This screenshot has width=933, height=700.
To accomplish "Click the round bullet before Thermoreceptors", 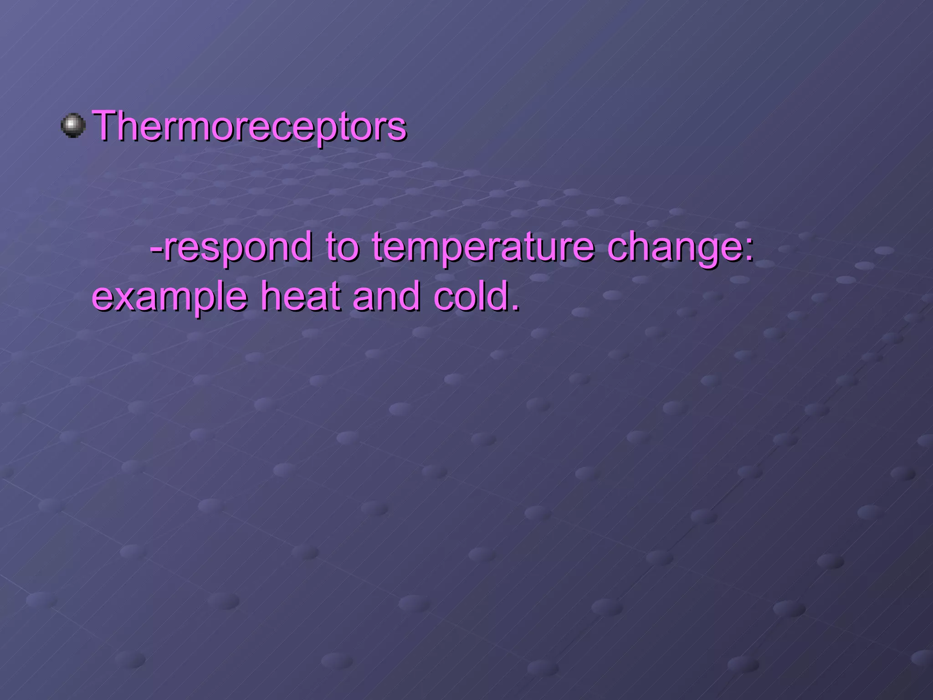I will click(x=73, y=126).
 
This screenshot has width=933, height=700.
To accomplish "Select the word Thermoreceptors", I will click(x=249, y=126).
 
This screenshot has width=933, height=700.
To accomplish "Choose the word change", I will click(x=675, y=247).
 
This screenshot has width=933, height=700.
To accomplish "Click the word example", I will click(x=169, y=298).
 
